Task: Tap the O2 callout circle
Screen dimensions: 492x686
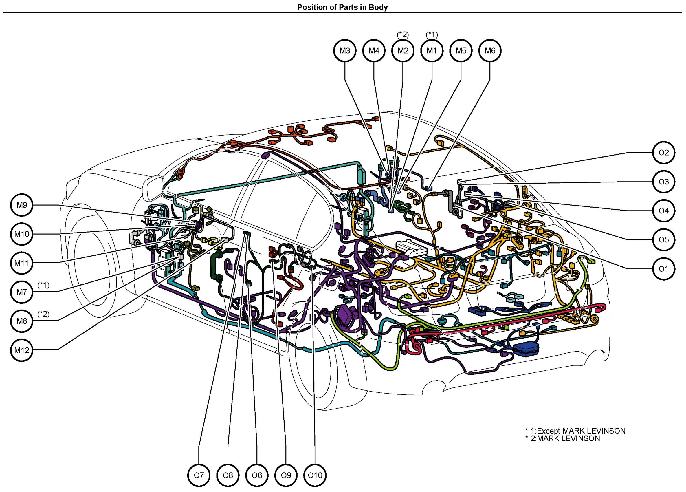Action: pyautogui.click(x=664, y=153)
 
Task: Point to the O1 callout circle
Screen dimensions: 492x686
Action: pyautogui.click(x=664, y=269)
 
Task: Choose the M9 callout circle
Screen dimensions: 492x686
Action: pyautogui.click(x=22, y=205)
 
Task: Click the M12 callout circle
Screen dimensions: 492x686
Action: pyautogui.click(x=22, y=350)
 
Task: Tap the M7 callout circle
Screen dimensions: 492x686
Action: pyautogui.click(x=22, y=292)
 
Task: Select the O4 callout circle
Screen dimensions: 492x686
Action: pyautogui.click(x=664, y=211)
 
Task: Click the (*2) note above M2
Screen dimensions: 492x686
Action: pyautogui.click(x=403, y=34)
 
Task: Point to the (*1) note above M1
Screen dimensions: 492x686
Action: pyautogui.click(x=432, y=34)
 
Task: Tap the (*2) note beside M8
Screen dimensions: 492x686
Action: pyautogui.click(x=43, y=314)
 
